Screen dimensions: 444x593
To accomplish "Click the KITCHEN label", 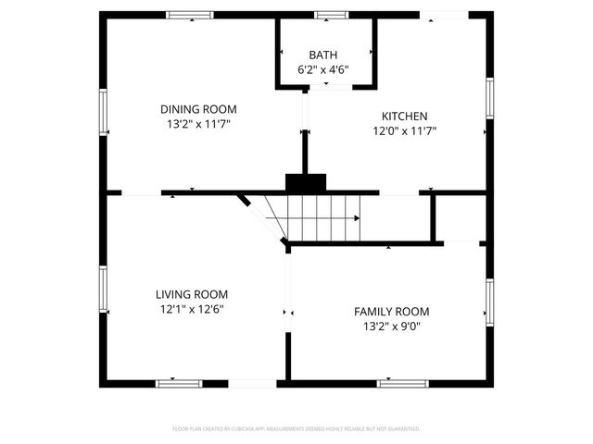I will click(x=405, y=116).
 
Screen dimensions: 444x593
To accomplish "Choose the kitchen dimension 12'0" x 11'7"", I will click(x=405, y=131).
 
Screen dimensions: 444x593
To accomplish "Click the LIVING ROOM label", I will click(x=191, y=294).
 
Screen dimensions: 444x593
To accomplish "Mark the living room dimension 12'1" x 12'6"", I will click(x=191, y=310).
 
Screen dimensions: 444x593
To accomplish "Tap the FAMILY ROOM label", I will click(x=392, y=312).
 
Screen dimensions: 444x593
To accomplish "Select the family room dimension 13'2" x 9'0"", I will click(x=392, y=327).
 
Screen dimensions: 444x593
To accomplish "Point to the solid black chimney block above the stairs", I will click(x=306, y=183).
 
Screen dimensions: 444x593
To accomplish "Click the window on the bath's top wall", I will click(x=330, y=15).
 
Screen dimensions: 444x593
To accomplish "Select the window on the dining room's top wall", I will click(x=190, y=15).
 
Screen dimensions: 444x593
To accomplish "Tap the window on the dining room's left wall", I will click(x=105, y=111).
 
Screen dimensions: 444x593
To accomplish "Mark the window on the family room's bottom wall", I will click(x=401, y=383).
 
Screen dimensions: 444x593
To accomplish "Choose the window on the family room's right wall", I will click(x=488, y=302).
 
